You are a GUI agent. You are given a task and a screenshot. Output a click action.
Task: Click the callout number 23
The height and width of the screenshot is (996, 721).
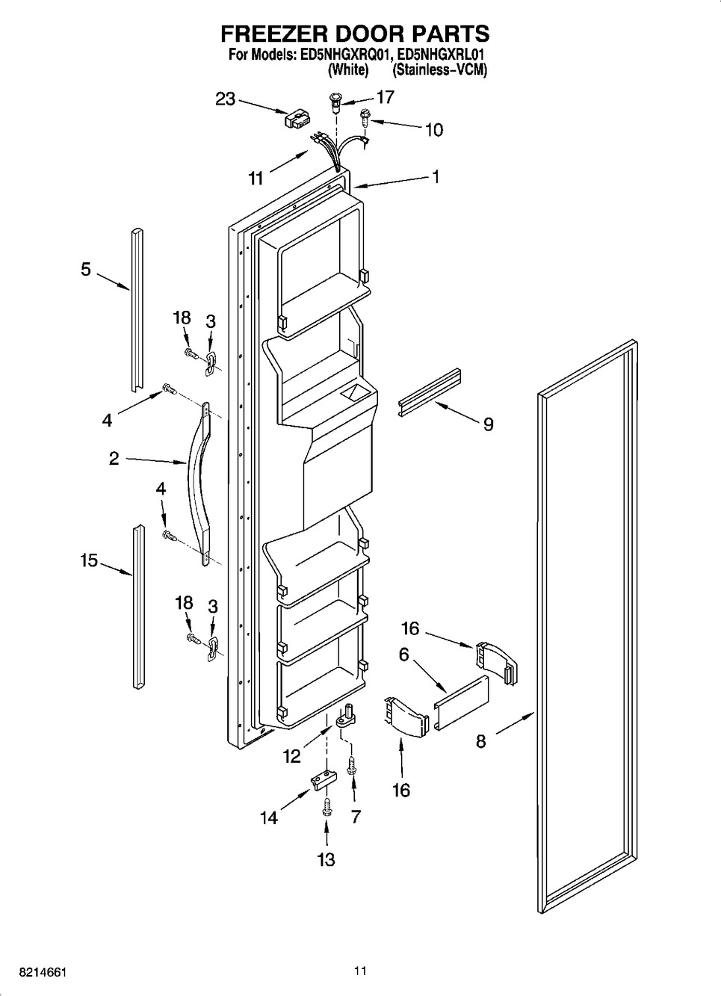click(226, 99)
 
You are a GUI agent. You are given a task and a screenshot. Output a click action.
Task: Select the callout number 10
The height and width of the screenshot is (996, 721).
click(433, 130)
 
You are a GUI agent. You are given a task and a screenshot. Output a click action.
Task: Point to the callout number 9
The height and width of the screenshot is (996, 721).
click(488, 424)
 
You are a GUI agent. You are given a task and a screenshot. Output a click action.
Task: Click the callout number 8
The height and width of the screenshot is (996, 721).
click(481, 741)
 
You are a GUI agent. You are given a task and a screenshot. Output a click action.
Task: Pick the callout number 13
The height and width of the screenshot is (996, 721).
click(327, 859)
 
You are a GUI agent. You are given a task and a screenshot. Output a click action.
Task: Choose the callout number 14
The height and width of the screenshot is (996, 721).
click(268, 818)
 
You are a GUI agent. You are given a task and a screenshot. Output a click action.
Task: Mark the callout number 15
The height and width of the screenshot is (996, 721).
click(89, 560)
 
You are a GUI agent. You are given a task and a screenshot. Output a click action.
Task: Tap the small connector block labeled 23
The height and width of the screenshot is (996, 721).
click(297, 120)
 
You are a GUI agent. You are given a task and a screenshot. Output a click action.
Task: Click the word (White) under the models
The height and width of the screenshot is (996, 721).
click(348, 70)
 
